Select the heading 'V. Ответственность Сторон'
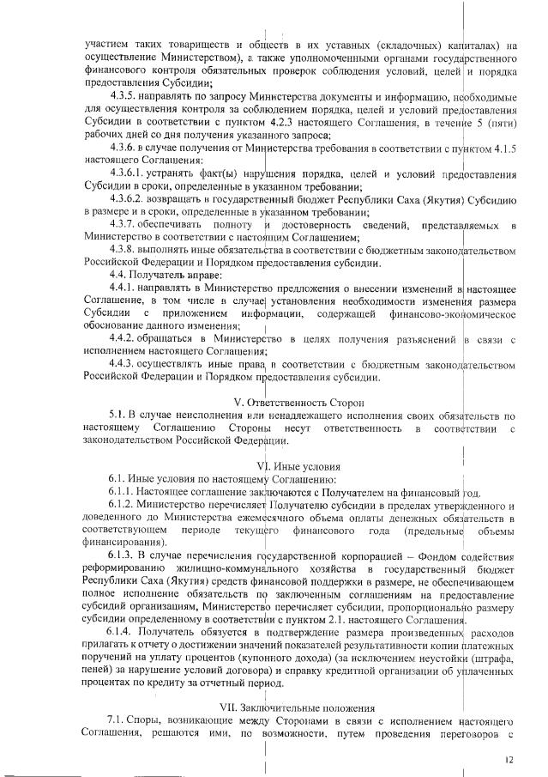274,402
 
